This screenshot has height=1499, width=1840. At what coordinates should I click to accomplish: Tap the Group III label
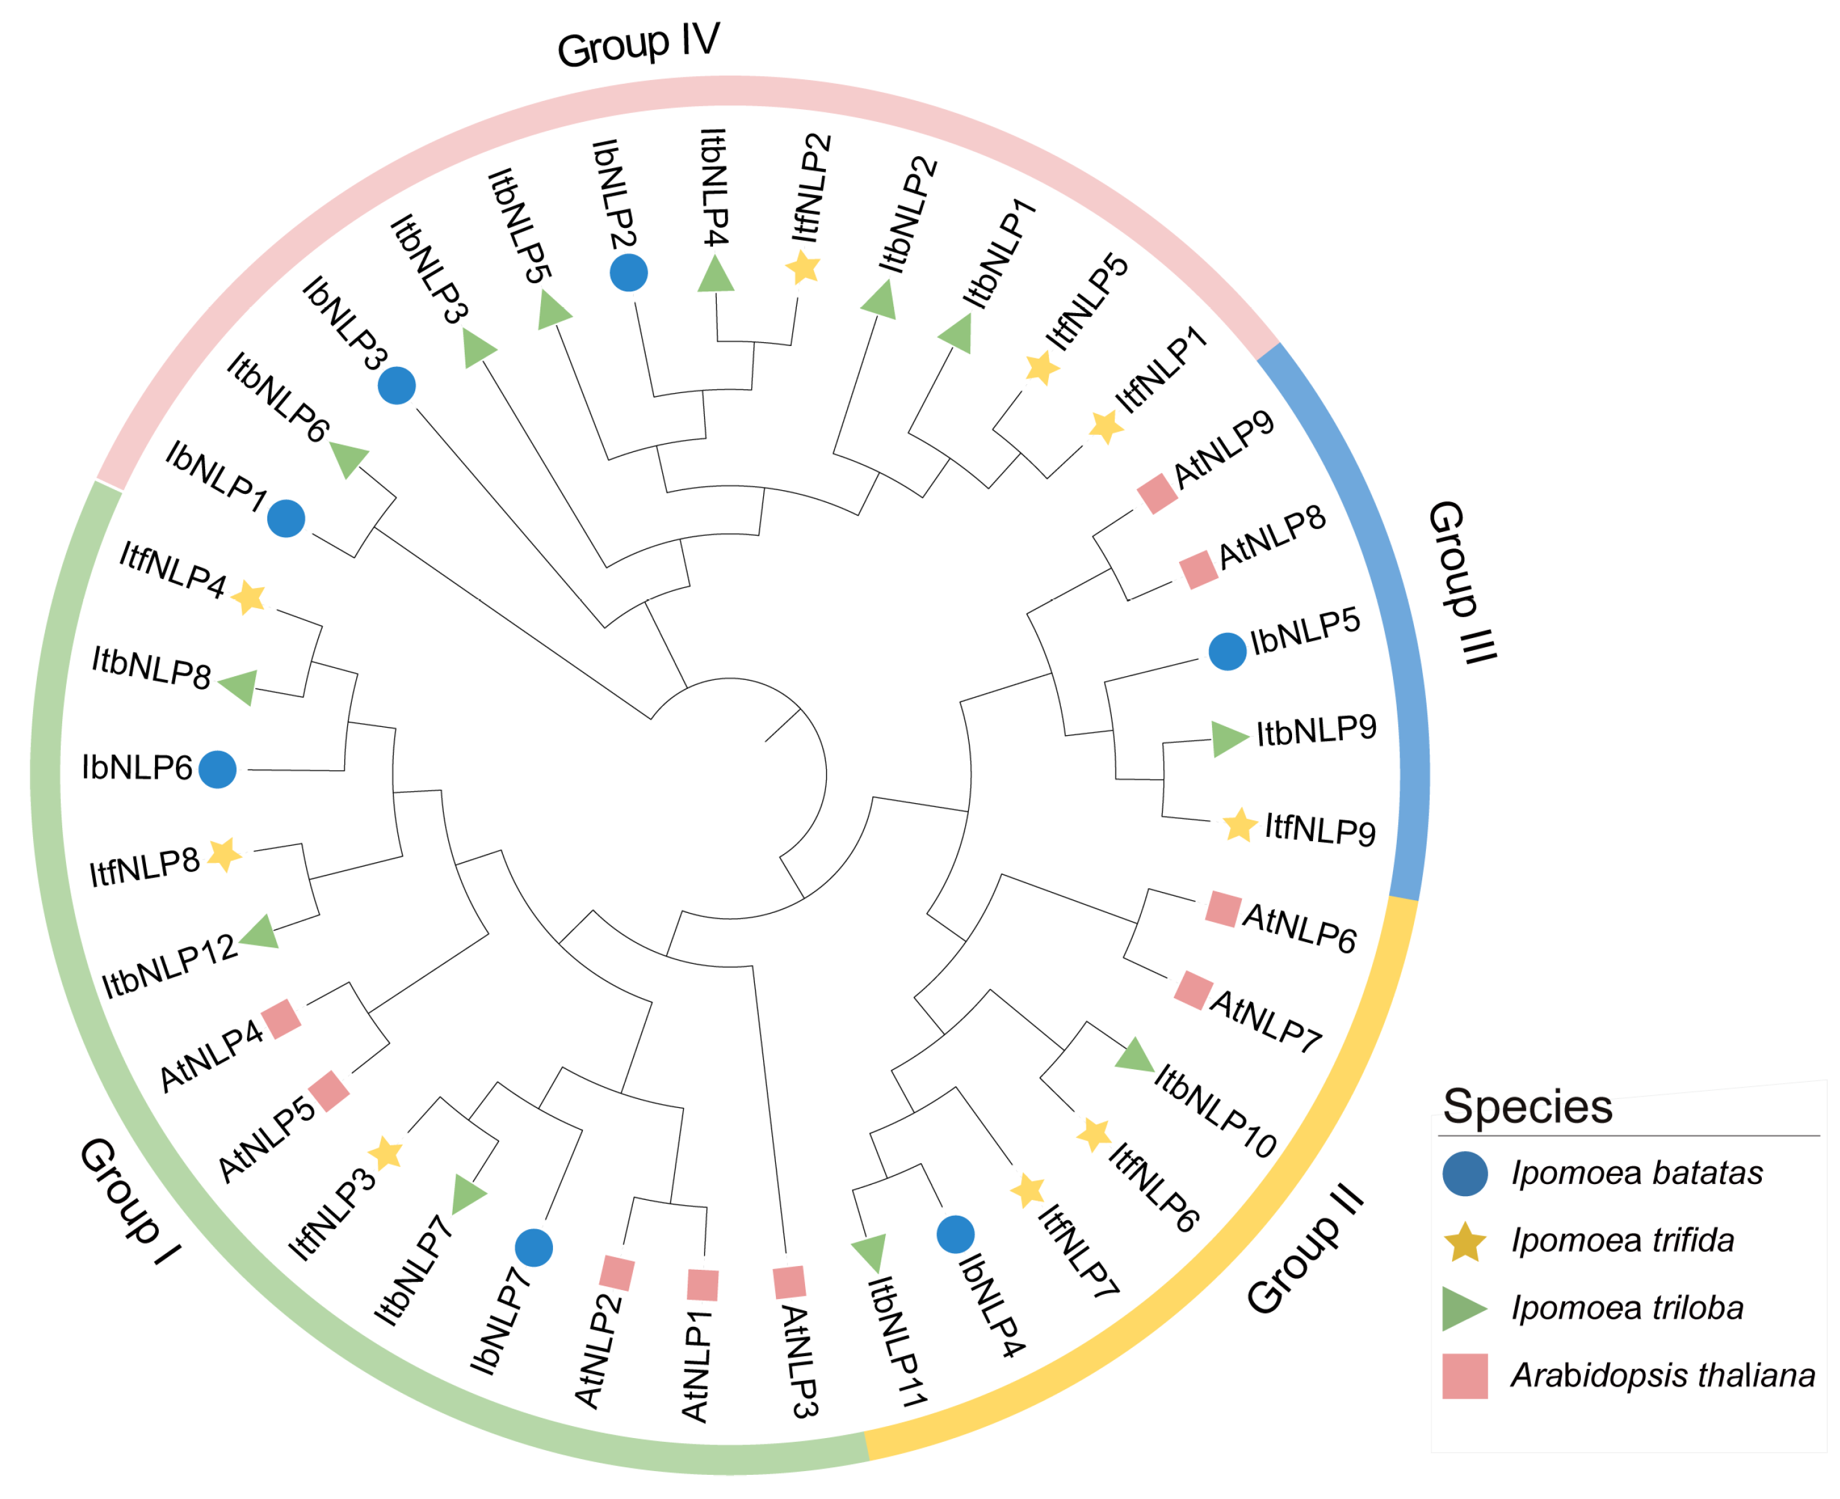(1461, 582)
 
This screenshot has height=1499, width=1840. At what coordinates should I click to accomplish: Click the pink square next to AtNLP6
(1223, 909)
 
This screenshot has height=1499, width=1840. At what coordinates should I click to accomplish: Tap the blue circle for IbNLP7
(533, 1248)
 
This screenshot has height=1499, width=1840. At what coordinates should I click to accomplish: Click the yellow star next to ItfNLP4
(249, 597)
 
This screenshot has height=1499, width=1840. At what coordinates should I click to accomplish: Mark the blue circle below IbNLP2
(629, 273)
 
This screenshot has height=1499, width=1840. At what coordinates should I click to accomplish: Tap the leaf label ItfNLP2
(811, 187)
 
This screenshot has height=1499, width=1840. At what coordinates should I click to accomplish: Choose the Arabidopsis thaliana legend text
(1662, 1376)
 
